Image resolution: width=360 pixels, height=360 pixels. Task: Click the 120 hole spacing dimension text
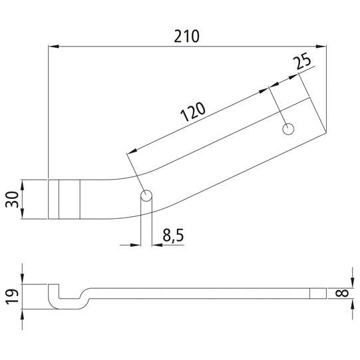coord(192,113)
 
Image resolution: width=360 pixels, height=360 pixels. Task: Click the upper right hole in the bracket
coord(288,128)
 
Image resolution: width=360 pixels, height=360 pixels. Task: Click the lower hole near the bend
coord(147,196)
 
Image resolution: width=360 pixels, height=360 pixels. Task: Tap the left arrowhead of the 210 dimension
coord(53,47)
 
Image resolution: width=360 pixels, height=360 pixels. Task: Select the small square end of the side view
coord(319,293)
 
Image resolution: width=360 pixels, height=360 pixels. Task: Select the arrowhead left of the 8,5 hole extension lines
coord(136,244)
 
